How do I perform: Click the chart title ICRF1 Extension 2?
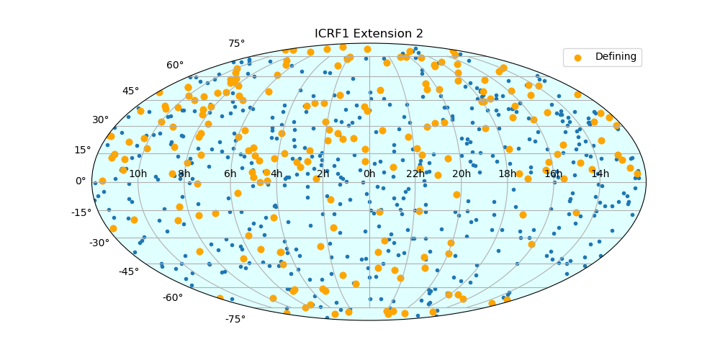[x=369, y=34]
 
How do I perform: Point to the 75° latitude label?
[x=236, y=44]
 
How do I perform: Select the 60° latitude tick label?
[x=175, y=66]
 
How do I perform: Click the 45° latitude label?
[x=130, y=91]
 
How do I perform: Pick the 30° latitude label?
[x=100, y=120]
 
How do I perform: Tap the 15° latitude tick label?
[x=83, y=150]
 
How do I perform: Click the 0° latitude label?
[x=81, y=181]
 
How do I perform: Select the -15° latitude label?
[x=80, y=212]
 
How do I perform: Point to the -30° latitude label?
[x=99, y=243]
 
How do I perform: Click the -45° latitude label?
[x=129, y=272]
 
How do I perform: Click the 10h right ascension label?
[x=138, y=174]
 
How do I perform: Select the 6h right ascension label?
[x=230, y=174]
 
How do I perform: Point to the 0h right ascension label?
[x=369, y=174]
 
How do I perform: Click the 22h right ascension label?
[x=415, y=174]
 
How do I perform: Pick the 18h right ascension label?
[x=508, y=174]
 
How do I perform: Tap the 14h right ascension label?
[x=600, y=174]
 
